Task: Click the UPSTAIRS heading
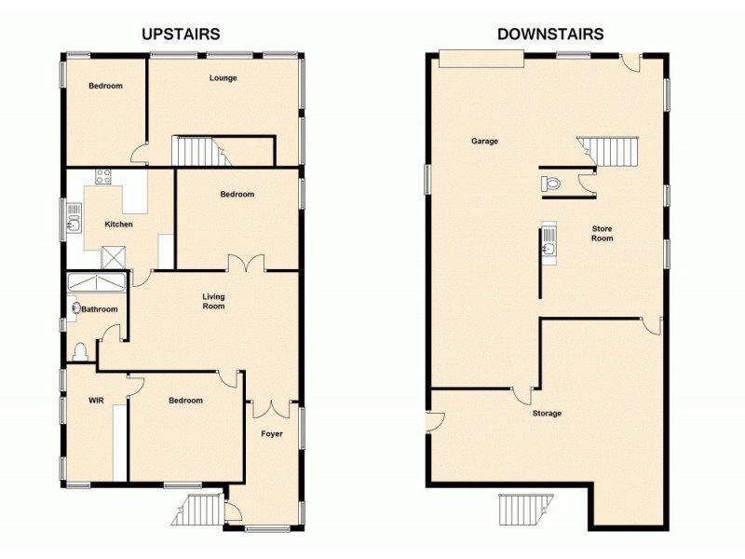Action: coord(181,34)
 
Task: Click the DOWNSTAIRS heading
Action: coord(550,34)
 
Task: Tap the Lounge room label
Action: coord(223,78)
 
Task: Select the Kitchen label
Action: coord(118,225)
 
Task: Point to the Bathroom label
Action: coord(100,309)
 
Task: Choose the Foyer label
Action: coord(271,434)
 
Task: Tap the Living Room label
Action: coord(214,302)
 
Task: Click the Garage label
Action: coord(484,142)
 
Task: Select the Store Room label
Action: coord(602,233)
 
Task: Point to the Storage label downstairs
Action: coord(547,413)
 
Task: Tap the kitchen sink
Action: coord(74,221)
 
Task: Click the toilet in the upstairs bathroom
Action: coord(80,351)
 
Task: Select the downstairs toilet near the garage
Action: coord(550,184)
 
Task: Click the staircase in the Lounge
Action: coord(198,150)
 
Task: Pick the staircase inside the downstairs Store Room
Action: coord(609,150)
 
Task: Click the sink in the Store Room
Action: coord(548,244)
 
